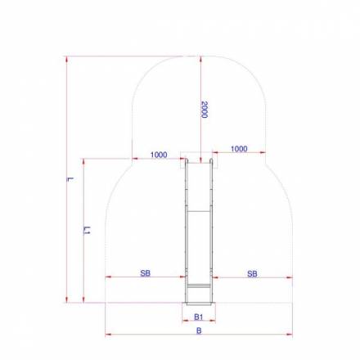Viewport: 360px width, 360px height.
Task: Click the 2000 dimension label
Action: coord(204,109)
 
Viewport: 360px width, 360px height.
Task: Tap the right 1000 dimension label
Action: coord(240,149)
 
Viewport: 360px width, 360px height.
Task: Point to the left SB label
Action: coord(145,273)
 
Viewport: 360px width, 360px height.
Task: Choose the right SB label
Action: coord(252,273)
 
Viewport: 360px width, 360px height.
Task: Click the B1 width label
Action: coord(199,317)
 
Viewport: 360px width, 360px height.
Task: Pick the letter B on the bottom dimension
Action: coord(199,331)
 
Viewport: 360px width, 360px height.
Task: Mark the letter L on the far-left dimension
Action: coord(71,178)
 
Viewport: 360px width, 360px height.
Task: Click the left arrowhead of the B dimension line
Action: coord(107,335)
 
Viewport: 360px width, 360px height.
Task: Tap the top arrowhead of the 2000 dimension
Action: coord(199,58)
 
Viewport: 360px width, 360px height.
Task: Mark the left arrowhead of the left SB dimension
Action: coord(107,277)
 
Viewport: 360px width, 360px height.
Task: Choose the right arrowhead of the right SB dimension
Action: coord(290,277)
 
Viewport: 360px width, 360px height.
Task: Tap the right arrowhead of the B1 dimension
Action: coord(214,322)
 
